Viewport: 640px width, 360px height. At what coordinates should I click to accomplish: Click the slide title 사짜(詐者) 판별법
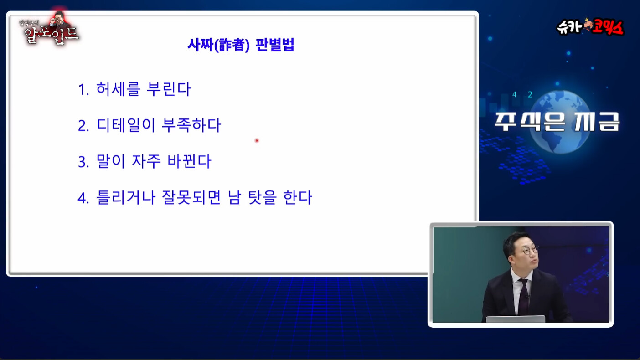pyautogui.click(x=241, y=45)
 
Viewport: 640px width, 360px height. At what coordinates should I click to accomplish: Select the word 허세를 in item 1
pyautogui.click(x=118, y=89)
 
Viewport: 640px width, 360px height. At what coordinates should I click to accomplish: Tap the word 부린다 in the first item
pyautogui.click(x=169, y=89)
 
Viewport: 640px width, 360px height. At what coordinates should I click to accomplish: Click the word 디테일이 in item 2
pyautogui.click(x=126, y=125)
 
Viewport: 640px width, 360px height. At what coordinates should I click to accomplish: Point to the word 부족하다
pyautogui.click(x=191, y=125)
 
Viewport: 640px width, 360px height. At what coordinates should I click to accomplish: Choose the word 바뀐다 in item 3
pyautogui.click(x=189, y=161)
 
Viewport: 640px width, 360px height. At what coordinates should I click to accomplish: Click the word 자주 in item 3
pyautogui.click(x=146, y=161)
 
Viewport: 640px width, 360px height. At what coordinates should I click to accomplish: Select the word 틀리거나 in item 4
pyautogui.click(x=126, y=197)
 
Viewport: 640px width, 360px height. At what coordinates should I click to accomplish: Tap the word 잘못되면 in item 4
pyautogui.click(x=191, y=197)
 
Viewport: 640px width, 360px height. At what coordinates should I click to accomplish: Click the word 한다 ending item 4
pyautogui.click(x=297, y=197)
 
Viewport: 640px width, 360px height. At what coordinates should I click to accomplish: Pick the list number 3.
pyautogui.click(x=83, y=162)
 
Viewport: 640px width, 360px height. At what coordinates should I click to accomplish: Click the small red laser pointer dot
pyautogui.click(x=257, y=140)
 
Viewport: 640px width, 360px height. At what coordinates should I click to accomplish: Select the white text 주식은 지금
pyautogui.click(x=557, y=121)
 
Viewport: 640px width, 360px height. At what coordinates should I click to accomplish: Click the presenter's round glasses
pyautogui.click(x=531, y=251)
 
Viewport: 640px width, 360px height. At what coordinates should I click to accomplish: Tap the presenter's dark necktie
pyautogui.click(x=524, y=297)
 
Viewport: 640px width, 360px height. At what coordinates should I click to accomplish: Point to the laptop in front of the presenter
pyautogui.click(x=516, y=319)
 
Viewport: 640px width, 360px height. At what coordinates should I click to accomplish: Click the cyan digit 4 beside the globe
pyautogui.click(x=514, y=95)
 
